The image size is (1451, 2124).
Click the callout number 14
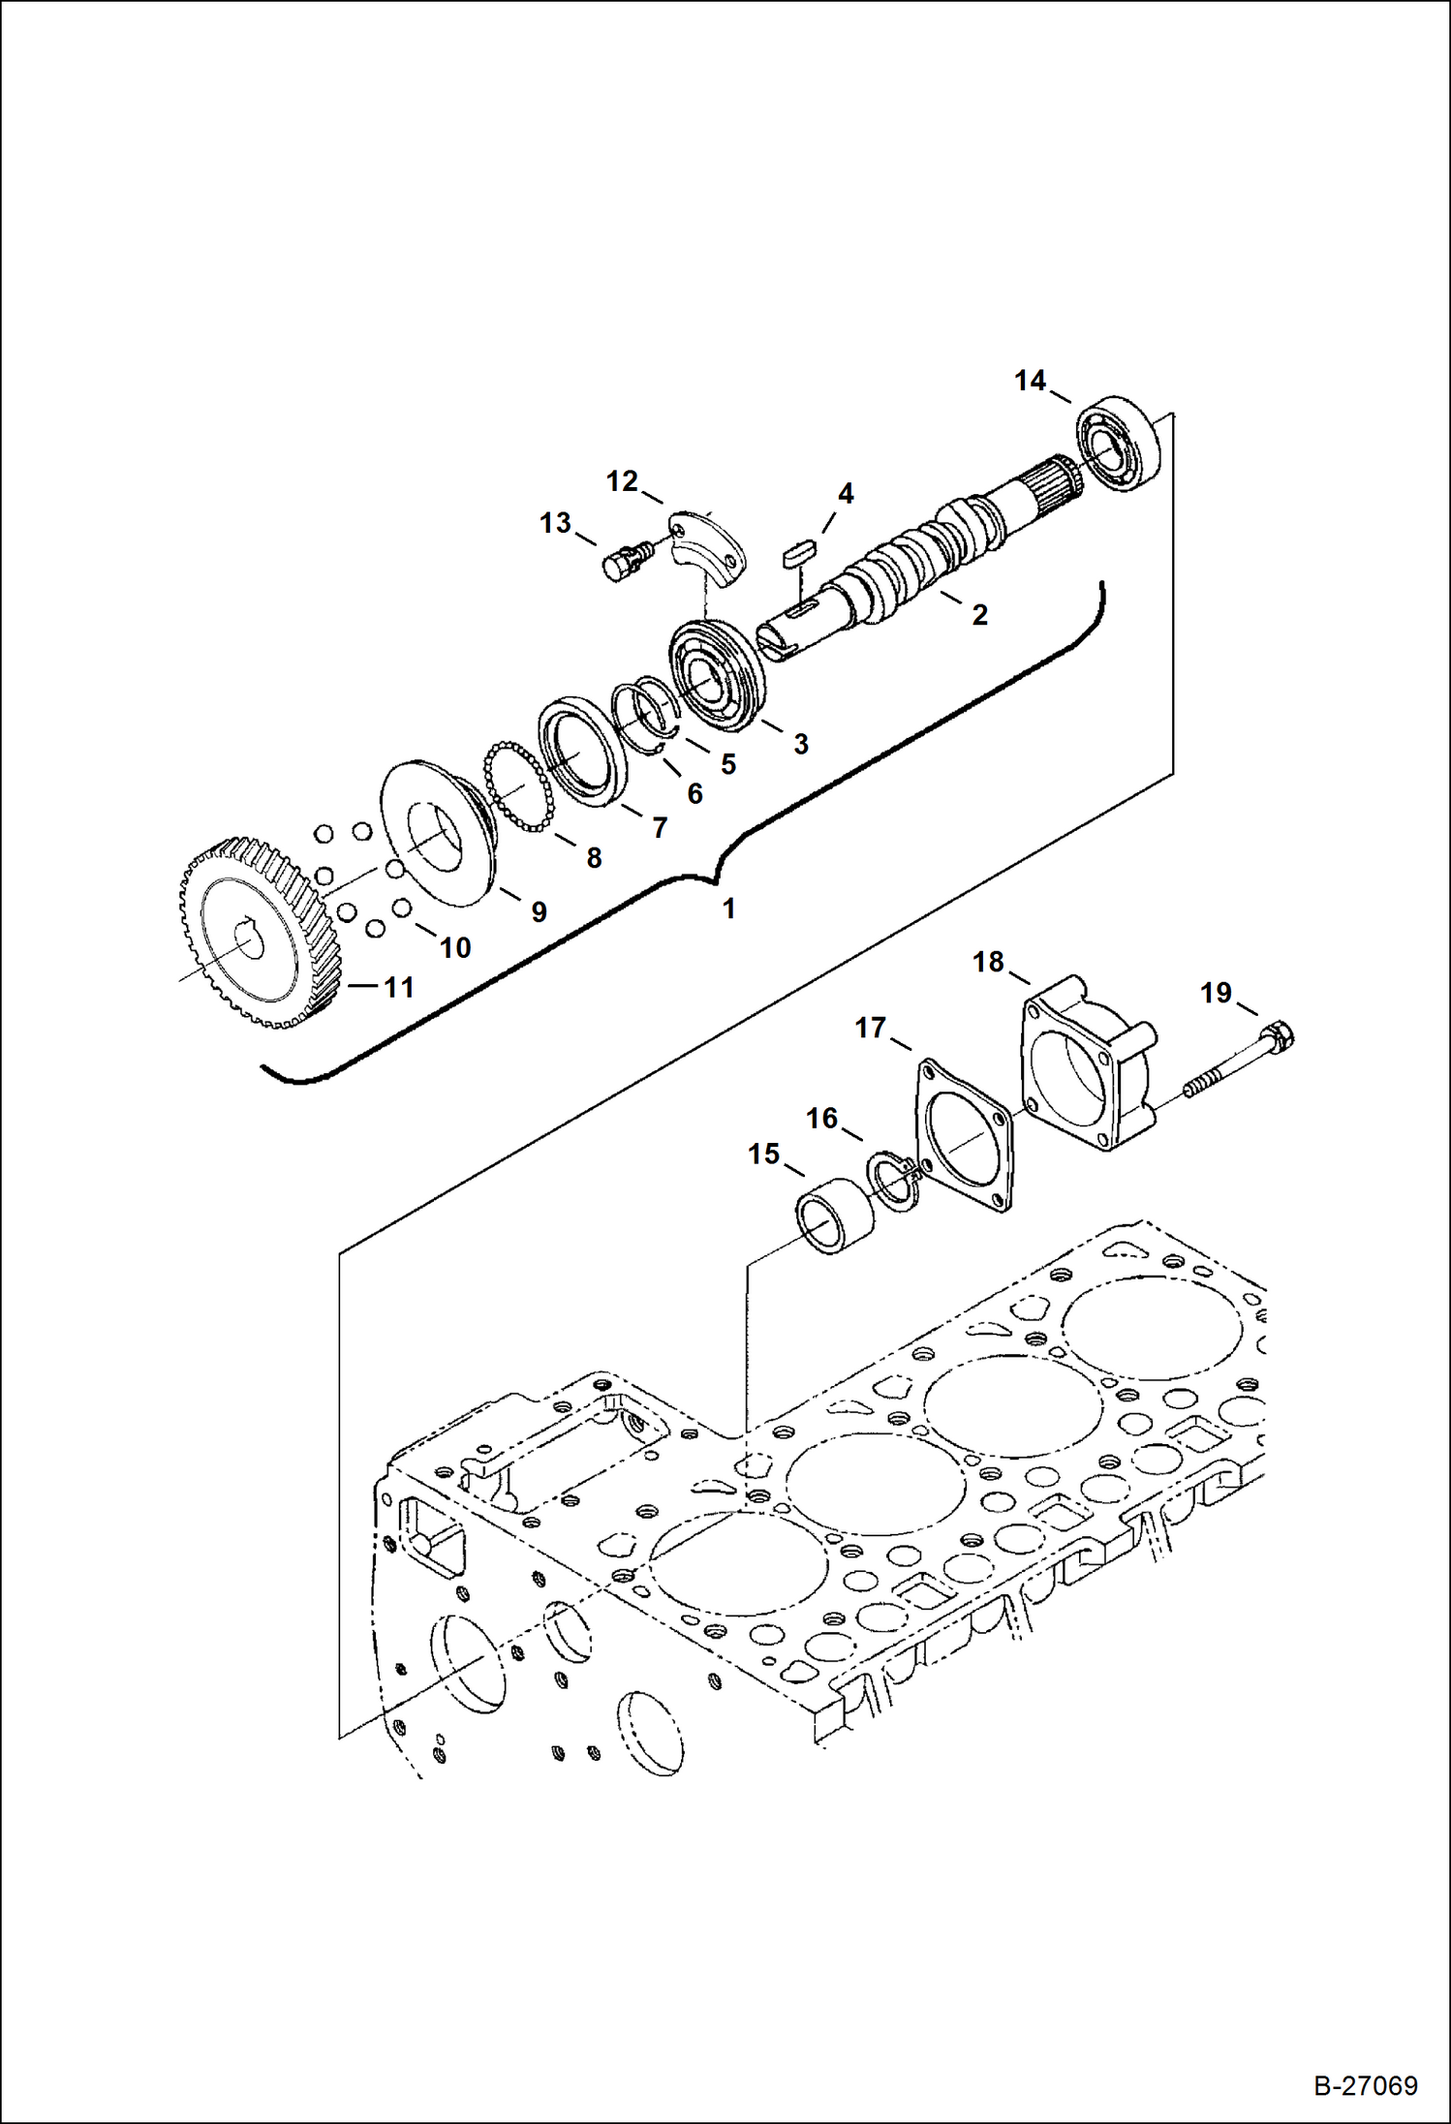(x=1030, y=381)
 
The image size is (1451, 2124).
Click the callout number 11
(x=399, y=987)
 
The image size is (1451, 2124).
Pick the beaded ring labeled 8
(x=517, y=787)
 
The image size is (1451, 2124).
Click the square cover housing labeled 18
(x=1086, y=1065)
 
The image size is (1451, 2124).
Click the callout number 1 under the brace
(x=728, y=908)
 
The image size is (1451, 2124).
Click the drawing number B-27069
(x=1365, y=2085)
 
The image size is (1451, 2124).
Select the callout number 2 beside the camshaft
(x=979, y=614)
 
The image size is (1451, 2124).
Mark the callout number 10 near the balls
(x=455, y=947)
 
